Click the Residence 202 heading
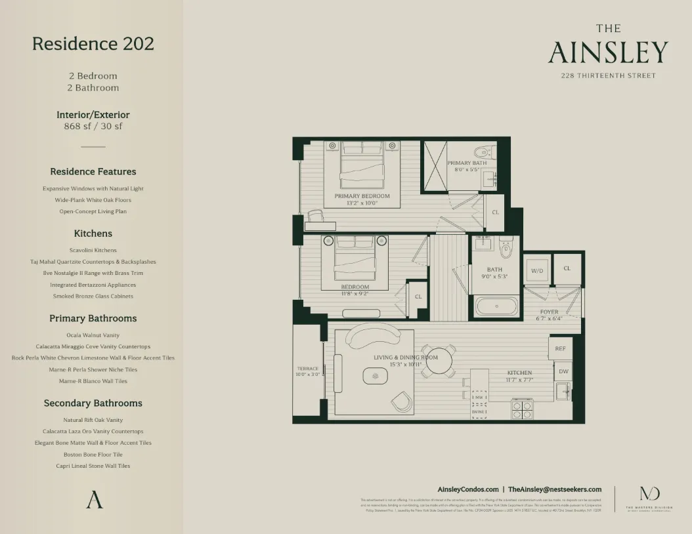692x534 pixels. tap(93, 44)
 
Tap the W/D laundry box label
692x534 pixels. tap(538, 270)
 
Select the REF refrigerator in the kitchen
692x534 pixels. tap(560, 348)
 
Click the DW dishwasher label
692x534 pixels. tap(563, 371)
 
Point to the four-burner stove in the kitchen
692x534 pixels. tap(522, 410)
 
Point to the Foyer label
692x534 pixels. tap(549, 312)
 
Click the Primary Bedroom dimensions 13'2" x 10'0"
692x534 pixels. tap(362, 203)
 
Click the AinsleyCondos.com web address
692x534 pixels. tap(467, 489)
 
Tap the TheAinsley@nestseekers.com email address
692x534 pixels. tap(555, 489)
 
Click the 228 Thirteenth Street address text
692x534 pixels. tap(608, 75)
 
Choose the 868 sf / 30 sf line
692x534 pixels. tap(93, 127)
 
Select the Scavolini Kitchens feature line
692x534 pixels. tap(93, 250)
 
